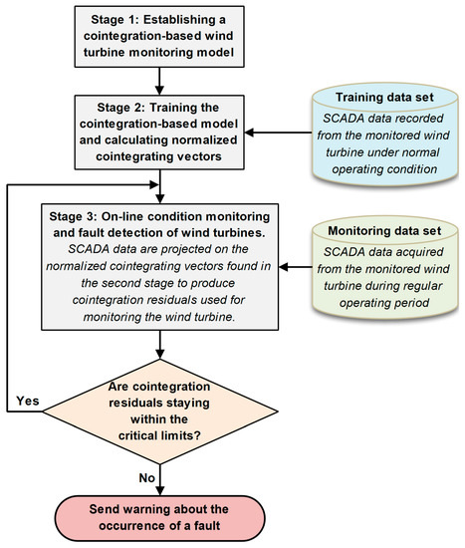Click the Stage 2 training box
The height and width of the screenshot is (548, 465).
click(x=160, y=132)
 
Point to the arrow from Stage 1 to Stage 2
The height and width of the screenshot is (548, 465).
click(x=160, y=81)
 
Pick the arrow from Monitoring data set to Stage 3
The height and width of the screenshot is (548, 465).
click(x=282, y=267)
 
